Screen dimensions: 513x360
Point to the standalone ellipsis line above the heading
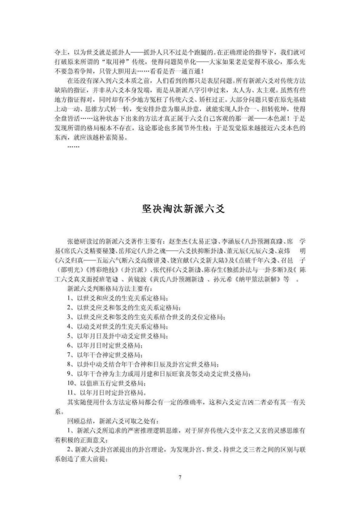pos(73,147)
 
